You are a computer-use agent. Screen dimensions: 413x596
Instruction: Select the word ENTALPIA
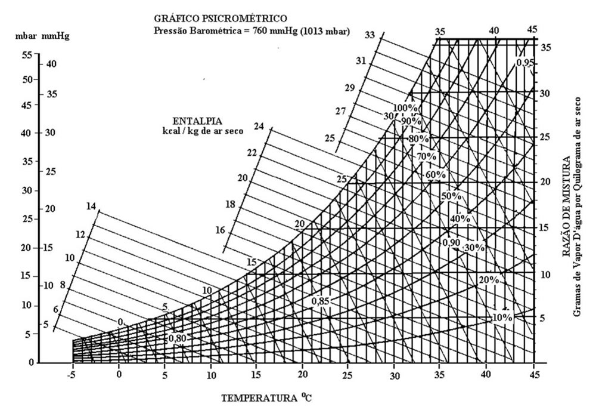(x=195, y=120)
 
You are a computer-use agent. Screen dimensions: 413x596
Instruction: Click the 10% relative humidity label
(x=502, y=318)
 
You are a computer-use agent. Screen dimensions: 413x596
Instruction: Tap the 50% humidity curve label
(x=451, y=196)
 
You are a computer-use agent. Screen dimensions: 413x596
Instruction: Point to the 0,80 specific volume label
(x=178, y=338)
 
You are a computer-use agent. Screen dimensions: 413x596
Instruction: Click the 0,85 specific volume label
(x=320, y=301)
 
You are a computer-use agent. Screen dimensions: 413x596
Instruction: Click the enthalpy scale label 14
(x=91, y=207)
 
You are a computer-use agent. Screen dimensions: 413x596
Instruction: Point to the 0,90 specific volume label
(x=451, y=242)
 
